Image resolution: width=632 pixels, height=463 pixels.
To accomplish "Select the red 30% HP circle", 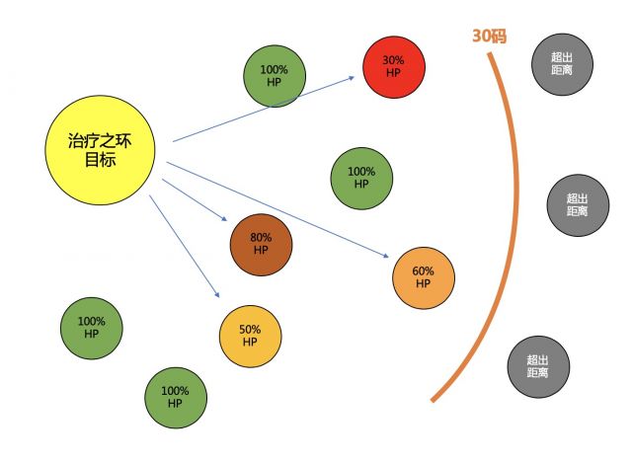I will pos(394,66).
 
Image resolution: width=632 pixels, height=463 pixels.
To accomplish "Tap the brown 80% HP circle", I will pos(261,244).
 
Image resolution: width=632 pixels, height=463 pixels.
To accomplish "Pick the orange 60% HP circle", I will pos(424,277).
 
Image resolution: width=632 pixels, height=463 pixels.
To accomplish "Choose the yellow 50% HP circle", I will pos(250,336).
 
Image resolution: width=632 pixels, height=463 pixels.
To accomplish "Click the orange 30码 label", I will pos(491,37).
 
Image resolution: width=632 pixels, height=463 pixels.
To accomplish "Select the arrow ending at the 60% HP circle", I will pos(276,208).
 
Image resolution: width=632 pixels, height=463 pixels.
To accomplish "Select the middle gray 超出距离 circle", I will pos(578,204).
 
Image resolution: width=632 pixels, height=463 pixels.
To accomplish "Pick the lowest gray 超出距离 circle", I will pos(538,366).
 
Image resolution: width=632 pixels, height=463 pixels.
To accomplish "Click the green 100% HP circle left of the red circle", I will pos(275,76).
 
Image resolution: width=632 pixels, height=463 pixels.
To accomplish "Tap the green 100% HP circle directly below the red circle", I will pos(361,178).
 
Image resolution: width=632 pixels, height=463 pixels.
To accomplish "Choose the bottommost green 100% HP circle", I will pos(176,398).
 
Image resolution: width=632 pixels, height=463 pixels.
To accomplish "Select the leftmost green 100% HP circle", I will pos(92,328).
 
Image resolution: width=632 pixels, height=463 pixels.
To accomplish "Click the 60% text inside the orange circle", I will pos(424,271).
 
